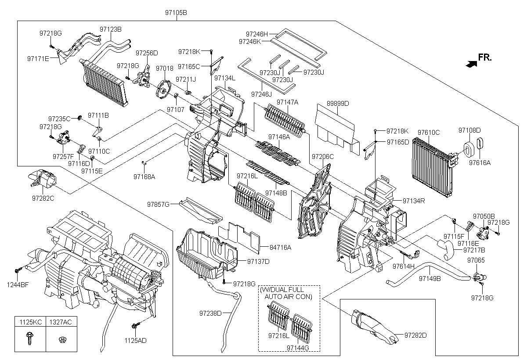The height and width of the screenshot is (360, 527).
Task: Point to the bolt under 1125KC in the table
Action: [30, 338]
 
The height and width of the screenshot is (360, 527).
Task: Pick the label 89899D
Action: [338, 104]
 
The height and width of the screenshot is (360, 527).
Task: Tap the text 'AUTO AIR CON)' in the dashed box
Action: [289, 297]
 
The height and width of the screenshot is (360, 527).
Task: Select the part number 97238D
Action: [210, 313]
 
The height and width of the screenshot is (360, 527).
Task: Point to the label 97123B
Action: [111, 29]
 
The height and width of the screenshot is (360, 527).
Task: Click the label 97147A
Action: [287, 102]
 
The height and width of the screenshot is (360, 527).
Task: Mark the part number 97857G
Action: [158, 204]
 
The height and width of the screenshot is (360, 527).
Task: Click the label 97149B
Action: [430, 278]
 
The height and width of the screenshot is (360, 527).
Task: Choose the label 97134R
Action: [413, 201]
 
